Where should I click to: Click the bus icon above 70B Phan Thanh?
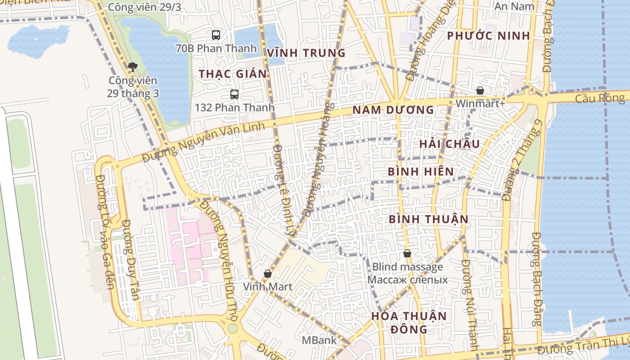tap(216, 35)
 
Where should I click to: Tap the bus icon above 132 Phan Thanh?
tap(234, 94)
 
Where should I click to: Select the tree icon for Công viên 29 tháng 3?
tap(132, 67)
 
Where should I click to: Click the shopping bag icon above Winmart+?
tap(480, 90)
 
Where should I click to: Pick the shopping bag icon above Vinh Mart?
tap(268, 274)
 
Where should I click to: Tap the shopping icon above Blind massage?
tap(407, 254)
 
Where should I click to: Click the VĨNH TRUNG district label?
tap(306, 53)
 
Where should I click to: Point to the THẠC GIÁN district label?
tap(233, 74)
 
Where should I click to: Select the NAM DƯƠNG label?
tap(393, 110)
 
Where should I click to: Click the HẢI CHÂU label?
tap(450, 144)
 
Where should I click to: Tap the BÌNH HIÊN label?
tap(421, 172)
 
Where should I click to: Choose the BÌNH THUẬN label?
tap(428, 219)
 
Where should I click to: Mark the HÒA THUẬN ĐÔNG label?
tap(409, 322)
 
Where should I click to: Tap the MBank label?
tap(319, 340)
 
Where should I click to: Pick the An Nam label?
tap(514, 6)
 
